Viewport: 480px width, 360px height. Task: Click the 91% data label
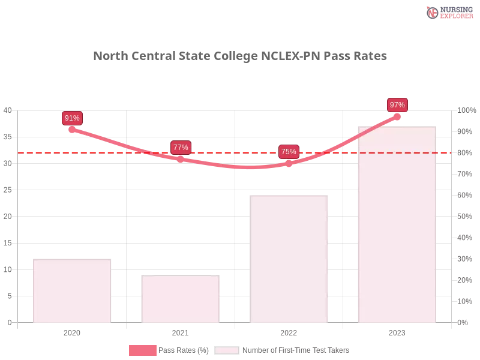pyautogui.click(x=72, y=118)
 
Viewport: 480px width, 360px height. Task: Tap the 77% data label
pyautogui.click(x=181, y=147)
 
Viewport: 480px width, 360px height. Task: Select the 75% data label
pyautogui.click(x=289, y=151)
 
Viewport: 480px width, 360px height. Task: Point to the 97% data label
pyautogui.click(x=397, y=105)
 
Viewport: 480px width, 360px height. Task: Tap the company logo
pyautogui.click(x=448, y=12)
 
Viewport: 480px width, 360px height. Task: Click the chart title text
pyautogui.click(x=240, y=56)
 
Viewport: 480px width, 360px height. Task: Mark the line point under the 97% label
pyautogui.click(x=397, y=116)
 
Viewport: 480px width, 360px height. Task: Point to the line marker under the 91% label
pyautogui.click(x=72, y=129)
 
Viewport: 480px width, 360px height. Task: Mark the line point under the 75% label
pyautogui.click(x=289, y=163)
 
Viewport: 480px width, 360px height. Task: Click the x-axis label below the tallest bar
pyautogui.click(x=397, y=331)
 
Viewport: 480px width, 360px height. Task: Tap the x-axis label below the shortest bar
pyautogui.click(x=180, y=331)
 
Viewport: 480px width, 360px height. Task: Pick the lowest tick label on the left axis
pyautogui.click(x=8, y=322)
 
